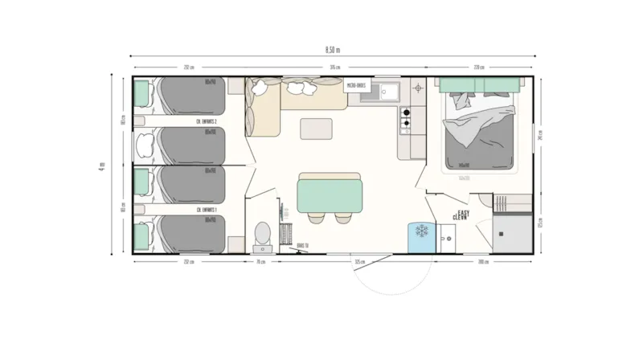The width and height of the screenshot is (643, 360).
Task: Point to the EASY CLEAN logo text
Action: (x=461, y=215)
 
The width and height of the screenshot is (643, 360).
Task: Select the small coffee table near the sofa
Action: (x=316, y=129)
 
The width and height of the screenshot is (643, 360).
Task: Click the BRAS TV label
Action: (x=302, y=245)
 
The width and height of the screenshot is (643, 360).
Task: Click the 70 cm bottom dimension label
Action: (x=260, y=262)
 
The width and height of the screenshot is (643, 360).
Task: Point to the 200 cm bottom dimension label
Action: (x=482, y=262)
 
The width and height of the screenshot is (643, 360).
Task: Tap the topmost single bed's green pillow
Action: (x=143, y=93)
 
